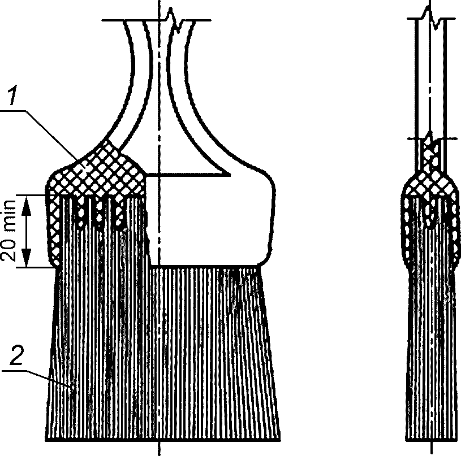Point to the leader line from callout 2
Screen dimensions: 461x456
pyautogui.click(x=45, y=376)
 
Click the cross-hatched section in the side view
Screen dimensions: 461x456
pyautogui.click(x=430, y=181)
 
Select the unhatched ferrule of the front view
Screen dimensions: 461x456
pyautogui.click(x=209, y=220)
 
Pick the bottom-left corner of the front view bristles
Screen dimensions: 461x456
pyautogui.click(x=46, y=439)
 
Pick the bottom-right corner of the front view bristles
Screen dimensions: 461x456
pyautogui.click(x=279, y=439)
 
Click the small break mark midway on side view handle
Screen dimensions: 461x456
pyautogui.click(x=430, y=138)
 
